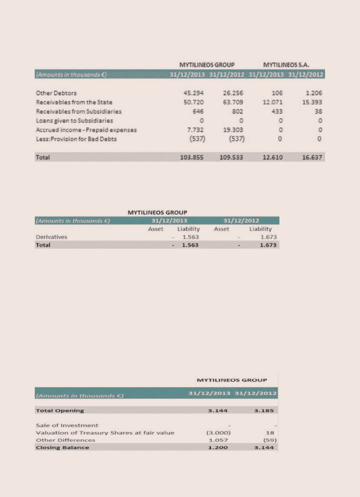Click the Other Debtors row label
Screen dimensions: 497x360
56,93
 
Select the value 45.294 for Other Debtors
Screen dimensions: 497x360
193,93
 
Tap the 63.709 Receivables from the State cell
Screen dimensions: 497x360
233,102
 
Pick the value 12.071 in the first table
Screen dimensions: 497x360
273,102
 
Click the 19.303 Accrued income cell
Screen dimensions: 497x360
233,130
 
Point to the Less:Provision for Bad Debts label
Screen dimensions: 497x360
76,139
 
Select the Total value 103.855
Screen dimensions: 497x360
192,157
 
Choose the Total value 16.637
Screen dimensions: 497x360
312,157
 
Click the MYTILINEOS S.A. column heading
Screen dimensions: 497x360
286,65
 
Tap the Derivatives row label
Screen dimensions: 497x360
52,237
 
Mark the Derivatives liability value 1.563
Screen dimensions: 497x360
191,237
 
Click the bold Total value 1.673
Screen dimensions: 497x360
268,245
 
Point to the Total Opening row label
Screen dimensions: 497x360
60,411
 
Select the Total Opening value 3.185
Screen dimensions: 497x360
264,411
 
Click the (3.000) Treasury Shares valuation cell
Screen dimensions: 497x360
218,433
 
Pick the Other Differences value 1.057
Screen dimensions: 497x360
218,440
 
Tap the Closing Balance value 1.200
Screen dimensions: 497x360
218,448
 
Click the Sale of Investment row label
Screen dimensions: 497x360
67,425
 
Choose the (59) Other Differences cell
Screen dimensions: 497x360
270,440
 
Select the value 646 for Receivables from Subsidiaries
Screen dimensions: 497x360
198,111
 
